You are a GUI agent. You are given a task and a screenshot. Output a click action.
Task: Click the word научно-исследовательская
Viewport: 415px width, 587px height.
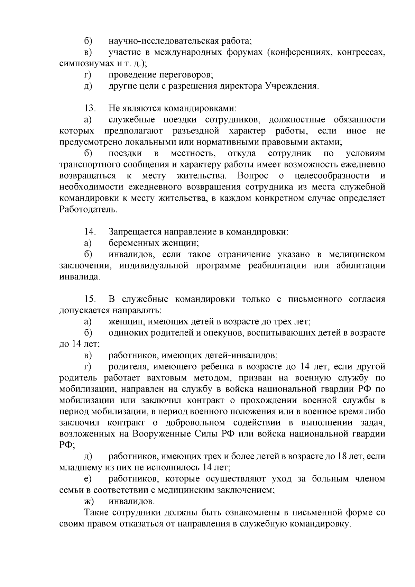[163, 41]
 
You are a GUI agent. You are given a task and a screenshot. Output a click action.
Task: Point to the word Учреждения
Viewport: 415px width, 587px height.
[291, 86]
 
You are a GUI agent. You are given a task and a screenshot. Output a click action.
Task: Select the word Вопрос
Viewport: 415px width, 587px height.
[253, 176]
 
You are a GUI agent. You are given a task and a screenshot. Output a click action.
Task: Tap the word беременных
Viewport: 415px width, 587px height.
[133, 243]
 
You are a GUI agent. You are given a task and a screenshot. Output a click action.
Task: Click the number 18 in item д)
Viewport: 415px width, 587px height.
[342, 456]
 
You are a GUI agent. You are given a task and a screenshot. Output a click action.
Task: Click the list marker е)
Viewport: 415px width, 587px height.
[88, 479]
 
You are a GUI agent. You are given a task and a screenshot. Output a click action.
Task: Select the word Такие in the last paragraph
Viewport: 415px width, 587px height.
[95, 512]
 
